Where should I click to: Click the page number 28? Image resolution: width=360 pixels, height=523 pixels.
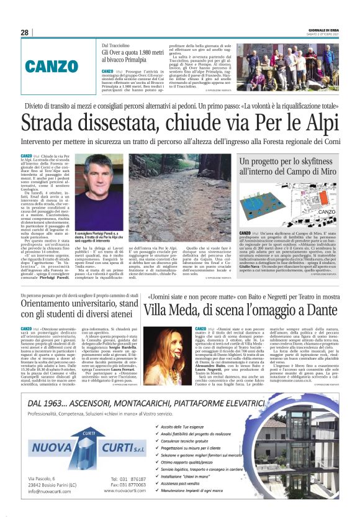(x=24, y=32)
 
